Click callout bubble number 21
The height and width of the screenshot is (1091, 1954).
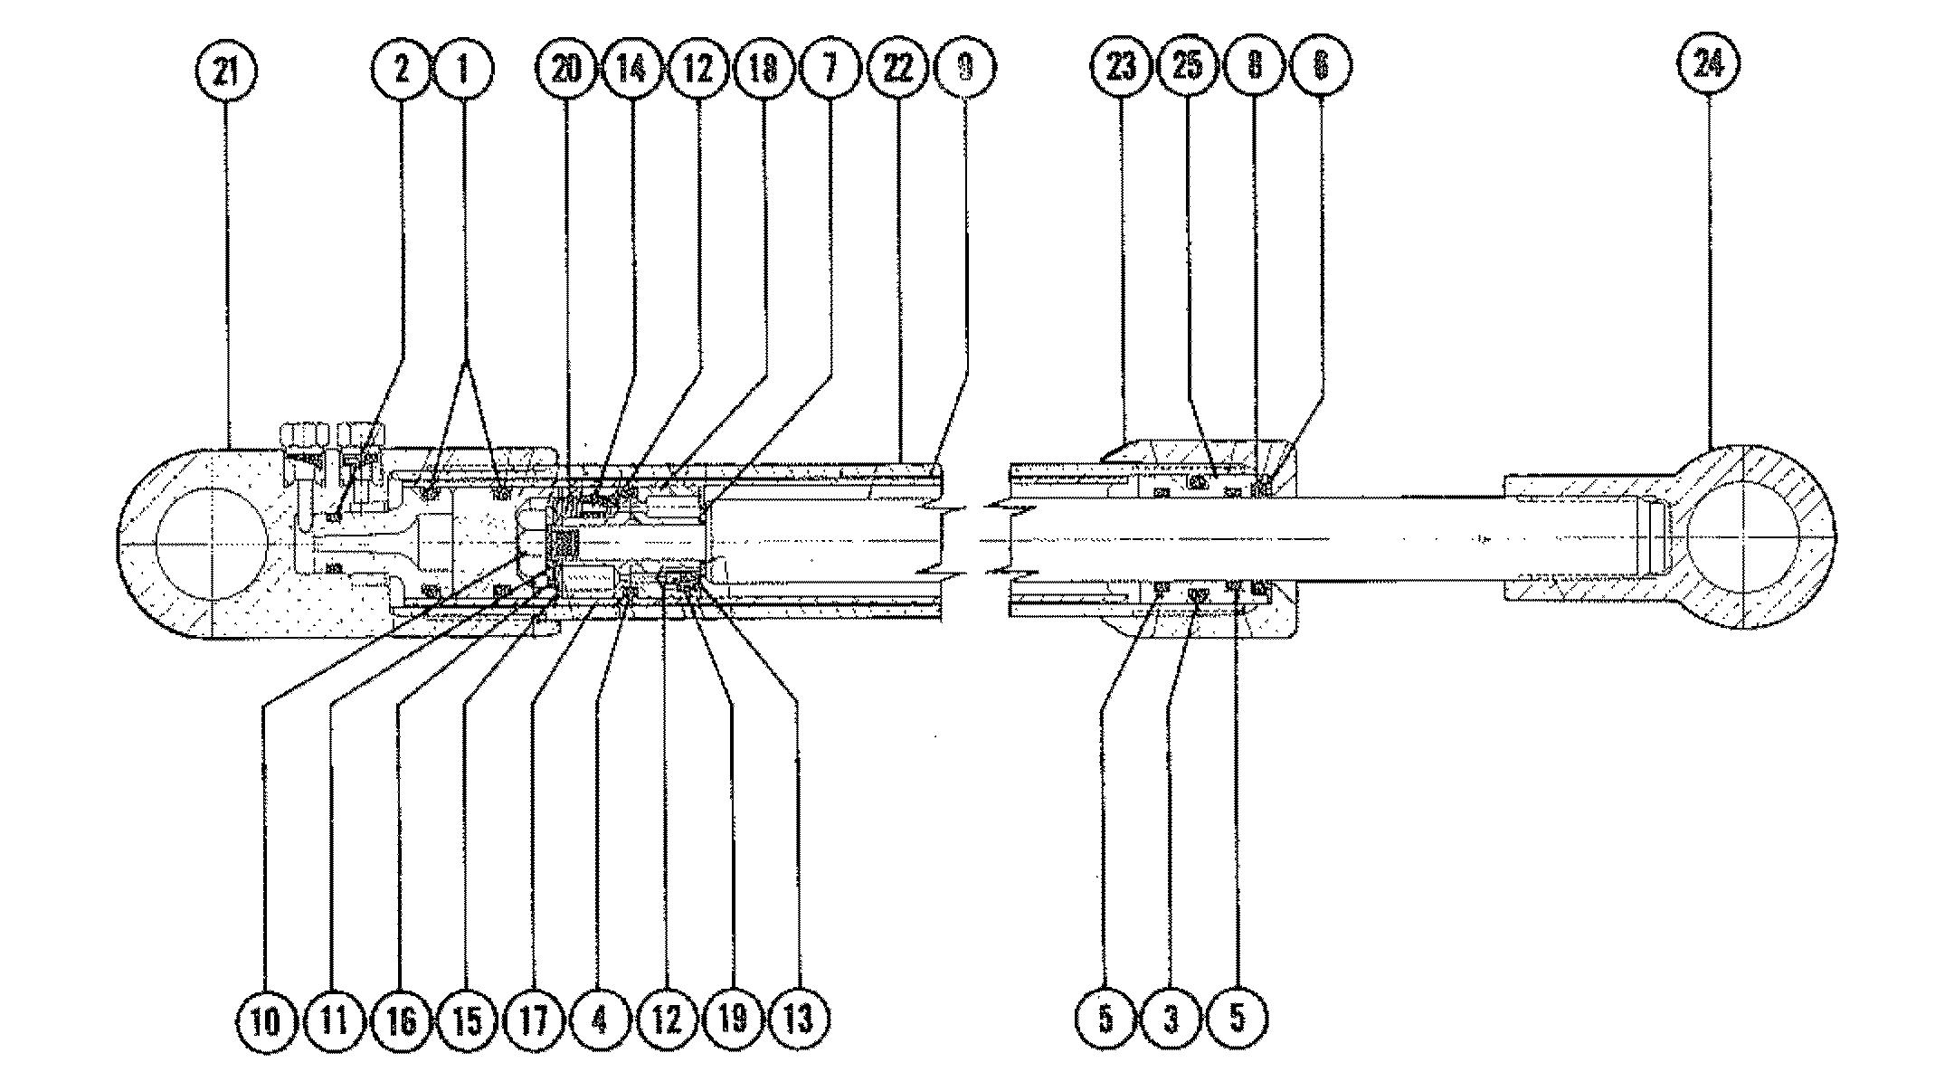pyautogui.click(x=225, y=70)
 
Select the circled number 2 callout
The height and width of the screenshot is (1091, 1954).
pyautogui.click(x=401, y=68)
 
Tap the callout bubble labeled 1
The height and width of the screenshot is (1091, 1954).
pyautogui.click(x=464, y=68)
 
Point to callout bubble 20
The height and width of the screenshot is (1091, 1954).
pyautogui.click(x=566, y=68)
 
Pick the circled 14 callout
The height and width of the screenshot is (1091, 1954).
pyautogui.click(x=631, y=68)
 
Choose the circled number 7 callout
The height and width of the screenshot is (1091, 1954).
pyautogui.click(x=830, y=68)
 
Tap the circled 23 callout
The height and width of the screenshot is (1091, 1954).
pyautogui.click(x=1121, y=66)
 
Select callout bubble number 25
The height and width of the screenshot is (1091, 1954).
pyautogui.click(x=1188, y=66)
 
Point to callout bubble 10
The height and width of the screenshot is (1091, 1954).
pyautogui.click(x=265, y=1020)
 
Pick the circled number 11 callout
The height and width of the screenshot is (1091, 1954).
pyautogui.click(x=333, y=1020)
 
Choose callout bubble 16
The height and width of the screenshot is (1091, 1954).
pyautogui.click(x=401, y=1020)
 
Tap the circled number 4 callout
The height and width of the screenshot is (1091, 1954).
pyautogui.click(x=598, y=1020)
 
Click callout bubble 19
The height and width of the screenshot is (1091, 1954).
pyautogui.click(x=732, y=1020)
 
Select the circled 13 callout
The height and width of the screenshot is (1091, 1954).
pyautogui.click(x=799, y=1020)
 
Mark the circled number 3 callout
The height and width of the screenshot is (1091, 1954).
pyautogui.click(x=1171, y=1020)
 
